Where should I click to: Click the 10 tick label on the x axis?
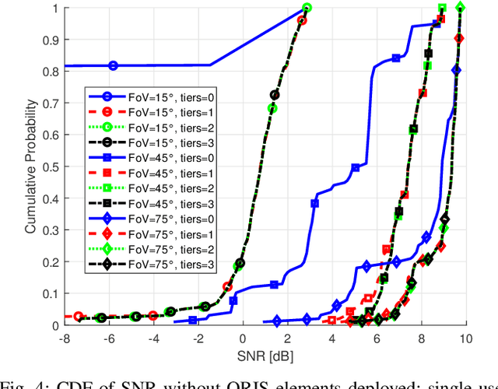(x=465, y=339)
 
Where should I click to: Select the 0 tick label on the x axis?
(x=242, y=339)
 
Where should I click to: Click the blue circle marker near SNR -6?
(x=114, y=66)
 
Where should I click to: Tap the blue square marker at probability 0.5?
(x=356, y=167)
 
